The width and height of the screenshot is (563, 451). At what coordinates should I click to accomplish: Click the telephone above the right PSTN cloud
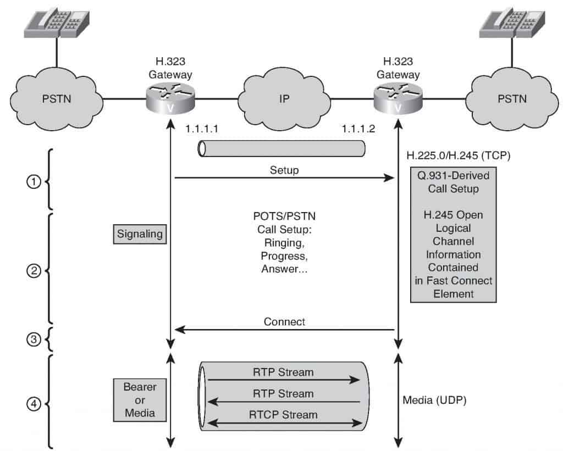coord(512,23)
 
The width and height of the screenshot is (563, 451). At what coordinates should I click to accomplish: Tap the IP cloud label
coord(284,99)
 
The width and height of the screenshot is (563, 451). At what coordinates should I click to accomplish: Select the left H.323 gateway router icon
coord(170,98)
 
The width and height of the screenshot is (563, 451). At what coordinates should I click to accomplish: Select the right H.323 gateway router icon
coord(398,98)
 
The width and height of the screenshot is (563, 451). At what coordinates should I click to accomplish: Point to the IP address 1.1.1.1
coord(202,129)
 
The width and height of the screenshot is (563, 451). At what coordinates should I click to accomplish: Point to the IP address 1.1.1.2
coord(358,129)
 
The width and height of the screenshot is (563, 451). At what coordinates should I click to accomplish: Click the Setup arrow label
coord(284,170)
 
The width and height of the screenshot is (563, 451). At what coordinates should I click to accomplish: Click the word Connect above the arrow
coord(284,321)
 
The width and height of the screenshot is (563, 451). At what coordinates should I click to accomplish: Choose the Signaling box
coord(140,235)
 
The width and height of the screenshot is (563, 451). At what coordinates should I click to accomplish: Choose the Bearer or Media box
coord(140,400)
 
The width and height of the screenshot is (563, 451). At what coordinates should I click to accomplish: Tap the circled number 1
coord(34,181)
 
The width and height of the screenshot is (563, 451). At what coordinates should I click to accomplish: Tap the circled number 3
coord(34,339)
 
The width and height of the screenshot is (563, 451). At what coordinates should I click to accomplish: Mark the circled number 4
coord(34,404)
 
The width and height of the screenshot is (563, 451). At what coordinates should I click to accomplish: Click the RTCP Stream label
coord(283,415)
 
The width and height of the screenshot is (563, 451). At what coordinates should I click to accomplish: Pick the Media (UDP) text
coord(434,400)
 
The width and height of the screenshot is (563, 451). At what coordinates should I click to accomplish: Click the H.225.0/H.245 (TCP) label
coord(458,155)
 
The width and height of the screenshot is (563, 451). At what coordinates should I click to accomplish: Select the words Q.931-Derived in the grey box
coord(453,175)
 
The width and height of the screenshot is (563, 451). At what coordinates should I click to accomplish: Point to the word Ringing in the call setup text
coord(284,243)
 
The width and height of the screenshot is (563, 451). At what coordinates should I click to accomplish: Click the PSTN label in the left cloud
coord(57,99)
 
